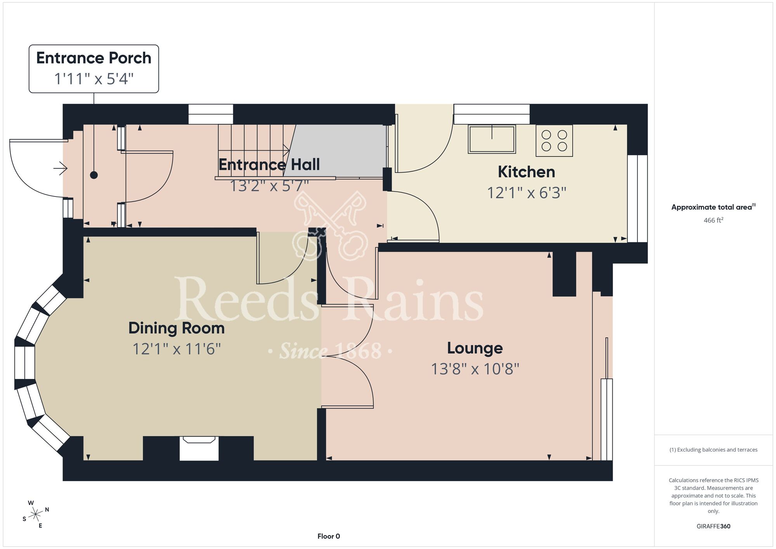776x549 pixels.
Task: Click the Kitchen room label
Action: click(x=527, y=172)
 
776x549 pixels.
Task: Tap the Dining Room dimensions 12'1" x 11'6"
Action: click(x=177, y=349)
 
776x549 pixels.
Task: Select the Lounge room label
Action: click(x=475, y=348)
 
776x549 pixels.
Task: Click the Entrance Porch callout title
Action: click(x=94, y=58)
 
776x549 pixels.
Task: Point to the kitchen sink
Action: click(x=492, y=139)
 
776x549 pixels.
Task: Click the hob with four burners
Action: click(x=554, y=141)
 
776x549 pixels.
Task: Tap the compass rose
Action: click(x=36, y=514)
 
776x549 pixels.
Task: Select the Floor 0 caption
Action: click(x=329, y=536)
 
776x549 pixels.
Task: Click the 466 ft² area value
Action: click(x=713, y=220)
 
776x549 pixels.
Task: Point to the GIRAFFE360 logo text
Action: click(x=713, y=526)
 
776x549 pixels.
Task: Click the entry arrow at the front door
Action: click(x=61, y=169)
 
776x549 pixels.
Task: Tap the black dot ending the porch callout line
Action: click(x=94, y=175)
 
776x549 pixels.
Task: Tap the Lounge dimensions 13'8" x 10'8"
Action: click(x=475, y=369)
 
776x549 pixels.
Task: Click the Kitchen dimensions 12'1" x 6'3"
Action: click(x=527, y=193)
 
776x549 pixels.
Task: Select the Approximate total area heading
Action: click(x=713, y=207)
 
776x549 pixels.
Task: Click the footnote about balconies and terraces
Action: click(x=713, y=450)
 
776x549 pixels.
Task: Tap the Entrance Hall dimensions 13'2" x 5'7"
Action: click(x=269, y=186)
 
